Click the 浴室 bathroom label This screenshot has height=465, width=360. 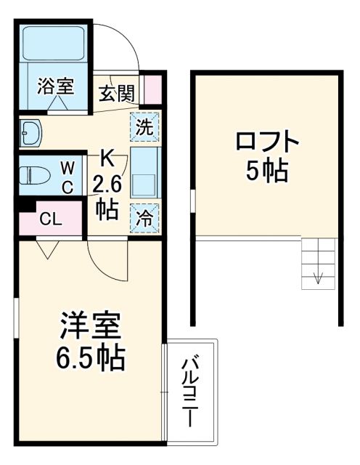pyautogui.click(x=56, y=86)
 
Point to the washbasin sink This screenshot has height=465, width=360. pyautogui.click(x=33, y=132)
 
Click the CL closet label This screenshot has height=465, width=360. pyautogui.click(x=50, y=218)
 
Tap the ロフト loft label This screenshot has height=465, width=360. pyautogui.click(x=266, y=139)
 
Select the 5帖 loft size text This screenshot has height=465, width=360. pyautogui.click(x=266, y=171)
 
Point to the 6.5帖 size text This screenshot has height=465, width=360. pyautogui.click(x=89, y=357)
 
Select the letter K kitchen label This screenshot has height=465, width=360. pyautogui.click(x=106, y=156)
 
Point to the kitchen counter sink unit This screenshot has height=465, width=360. pyautogui.click(x=145, y=172)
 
